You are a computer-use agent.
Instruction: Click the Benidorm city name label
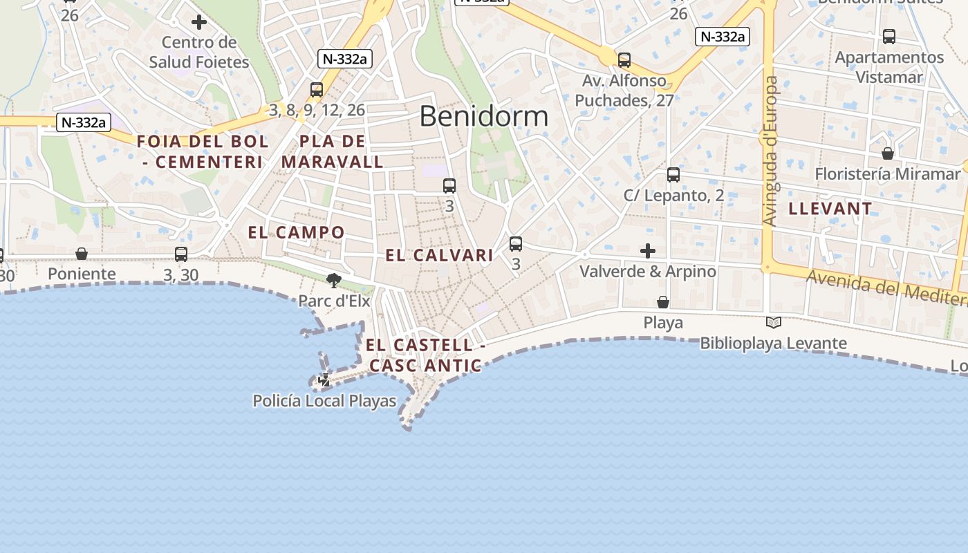(x=483, y=116)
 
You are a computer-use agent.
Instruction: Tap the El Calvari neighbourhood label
(x=439, y=255)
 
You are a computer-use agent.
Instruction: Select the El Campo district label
(x=296, y=232)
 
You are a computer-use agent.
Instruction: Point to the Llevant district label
(x=830, y=208)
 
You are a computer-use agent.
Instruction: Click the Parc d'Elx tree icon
(x=334, y=280)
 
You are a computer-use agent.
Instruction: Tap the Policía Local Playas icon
(x=324, y=379)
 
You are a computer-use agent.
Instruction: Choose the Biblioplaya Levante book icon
(x=773, y=322)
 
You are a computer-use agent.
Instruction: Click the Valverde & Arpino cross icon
(x=648, y=250)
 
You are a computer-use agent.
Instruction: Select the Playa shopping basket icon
(x=662, y=302)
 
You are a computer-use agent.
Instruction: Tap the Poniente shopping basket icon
(x=82, y=254)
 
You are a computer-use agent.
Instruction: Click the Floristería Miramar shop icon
(x=888, y=153)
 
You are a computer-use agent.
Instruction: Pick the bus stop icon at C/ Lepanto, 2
(x=673, y=175)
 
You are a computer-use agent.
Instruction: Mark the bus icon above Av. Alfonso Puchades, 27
(x=624, y=60)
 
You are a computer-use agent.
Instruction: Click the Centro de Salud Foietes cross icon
(x=199, y=22)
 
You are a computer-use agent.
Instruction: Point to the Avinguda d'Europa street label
(x=770, y=151)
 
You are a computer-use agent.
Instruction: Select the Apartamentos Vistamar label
(x=889, y=67)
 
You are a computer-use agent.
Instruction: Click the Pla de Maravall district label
(x=333, y=151)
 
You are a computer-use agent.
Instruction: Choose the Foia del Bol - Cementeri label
(x=203, y=151)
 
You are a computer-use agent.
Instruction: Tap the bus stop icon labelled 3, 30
(x=181, y=254)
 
